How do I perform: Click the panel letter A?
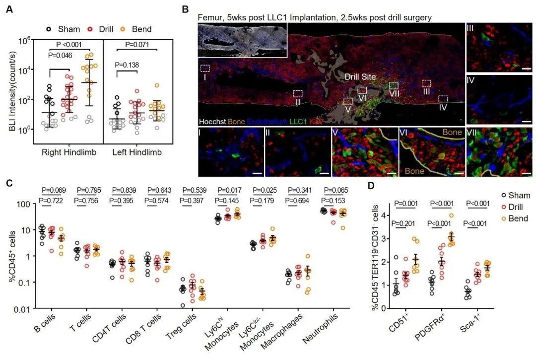[8, 9]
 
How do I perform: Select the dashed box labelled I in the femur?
[205, 68]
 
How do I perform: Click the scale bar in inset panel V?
[391, 173]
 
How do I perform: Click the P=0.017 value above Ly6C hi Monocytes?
[229, 190]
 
